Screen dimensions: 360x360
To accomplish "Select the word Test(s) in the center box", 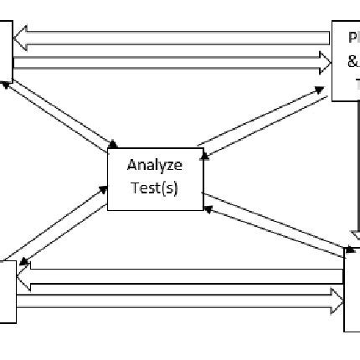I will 154,186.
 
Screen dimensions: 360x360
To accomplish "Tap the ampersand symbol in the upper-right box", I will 353,60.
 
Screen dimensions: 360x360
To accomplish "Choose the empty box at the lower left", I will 7,291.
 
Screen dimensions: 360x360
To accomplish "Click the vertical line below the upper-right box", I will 349,167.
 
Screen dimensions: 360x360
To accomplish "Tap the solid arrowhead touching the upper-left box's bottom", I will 8,82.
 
